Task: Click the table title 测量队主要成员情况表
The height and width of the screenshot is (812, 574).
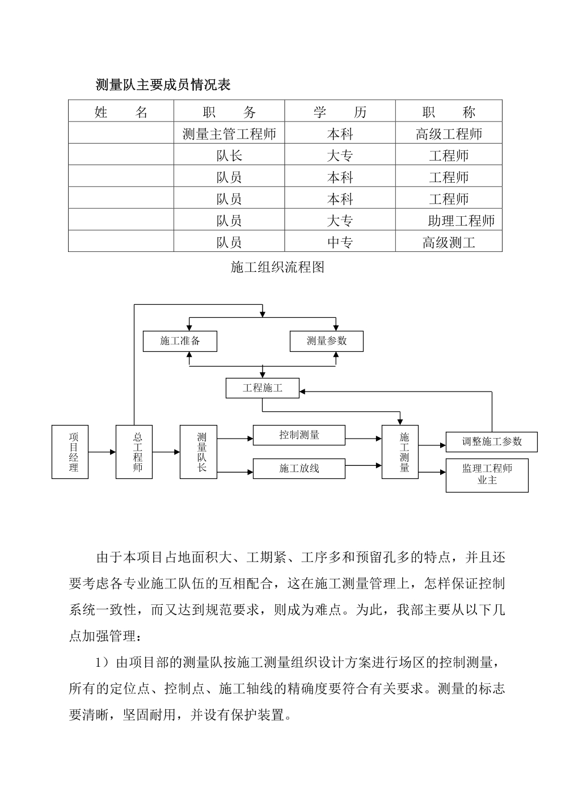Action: pyautogui.click(x=163, y=85)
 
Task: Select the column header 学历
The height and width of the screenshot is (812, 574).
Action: pyautogui.click(x=340, y=112)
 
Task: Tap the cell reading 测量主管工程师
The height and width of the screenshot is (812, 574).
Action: pyautogui.click(x=229, y=134)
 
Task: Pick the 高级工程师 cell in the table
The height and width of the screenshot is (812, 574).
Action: pyautogui.click(x=449, y=134)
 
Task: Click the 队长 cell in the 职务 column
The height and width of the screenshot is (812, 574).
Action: pyautogui.click(x=229, y=155)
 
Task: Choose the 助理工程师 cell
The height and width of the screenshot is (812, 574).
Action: pyautogui.click(x=461, y=220)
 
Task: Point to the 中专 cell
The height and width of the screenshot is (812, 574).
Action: pyautogui.click(x=340, y=242)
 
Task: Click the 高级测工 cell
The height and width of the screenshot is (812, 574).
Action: pyautogui.click(x=449, y=242)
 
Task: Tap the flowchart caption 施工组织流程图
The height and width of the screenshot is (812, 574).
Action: pyautogui.click(x=277, y=267)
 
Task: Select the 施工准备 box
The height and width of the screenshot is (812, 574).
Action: pyautogui.click(x=180, y=341)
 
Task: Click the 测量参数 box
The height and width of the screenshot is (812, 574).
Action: pyautogui.click(x=327, y=341)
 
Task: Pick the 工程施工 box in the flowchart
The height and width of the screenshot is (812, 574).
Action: pyautogui.click(x=263, y=388)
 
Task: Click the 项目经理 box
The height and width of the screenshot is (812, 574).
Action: pyautogui.click(x=70, y=452)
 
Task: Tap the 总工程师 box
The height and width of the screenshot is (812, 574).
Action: pyautogui.click(x=134, y=452)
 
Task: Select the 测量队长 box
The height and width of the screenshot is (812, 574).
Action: pyautogui.click(x=199, y=452)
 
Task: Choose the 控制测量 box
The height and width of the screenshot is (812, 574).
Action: pyautogui.click(x=299, y=435)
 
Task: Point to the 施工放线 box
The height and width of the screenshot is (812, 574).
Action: pyautogui.click(x=299, y=468)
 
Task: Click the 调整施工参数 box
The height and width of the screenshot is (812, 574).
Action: pyautogui.click(x=491, y=441)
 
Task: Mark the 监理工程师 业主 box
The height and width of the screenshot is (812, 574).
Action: pyautogui.click(x=487, y=476)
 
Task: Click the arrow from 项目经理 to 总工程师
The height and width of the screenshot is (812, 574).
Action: pyautogui.click(x=102, y=452)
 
